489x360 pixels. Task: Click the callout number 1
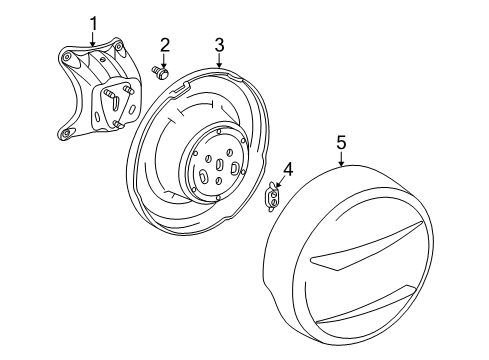(94, 22)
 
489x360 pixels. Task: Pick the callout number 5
(341, 142)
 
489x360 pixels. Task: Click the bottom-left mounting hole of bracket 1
(66, 134)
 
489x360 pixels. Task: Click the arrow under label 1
(94, 40)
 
